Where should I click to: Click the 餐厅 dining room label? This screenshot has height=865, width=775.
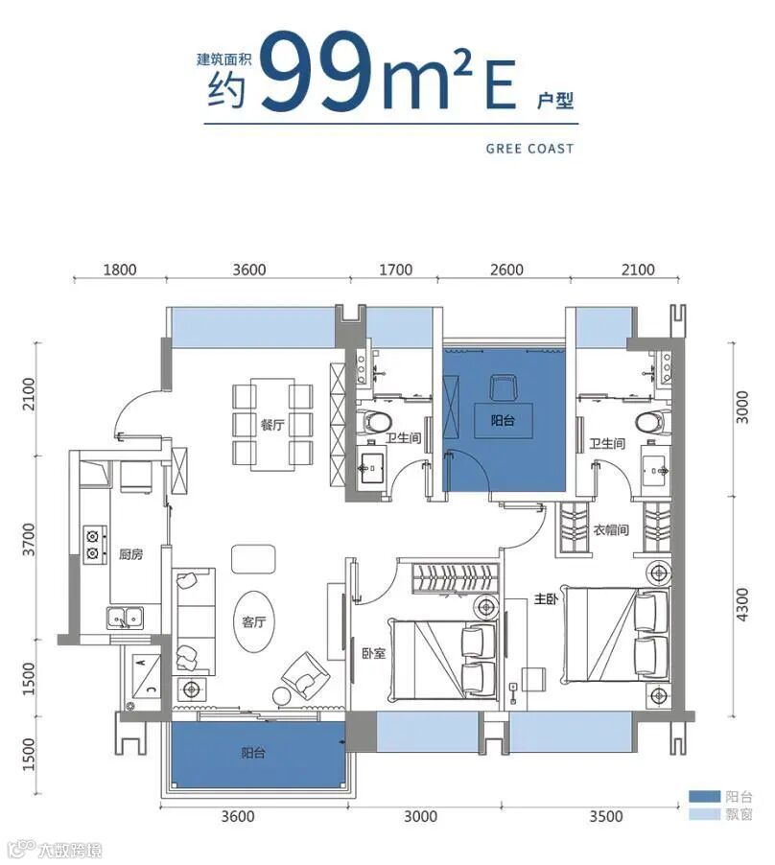pos(272,425)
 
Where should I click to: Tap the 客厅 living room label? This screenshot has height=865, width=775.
pos(254,621)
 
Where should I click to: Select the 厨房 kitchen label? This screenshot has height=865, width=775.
pos(130,554)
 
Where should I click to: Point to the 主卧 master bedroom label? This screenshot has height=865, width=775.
pos(546,598)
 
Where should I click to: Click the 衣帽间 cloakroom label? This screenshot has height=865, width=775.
pos(611,530)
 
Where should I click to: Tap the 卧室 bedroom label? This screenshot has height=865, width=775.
pos(373,653)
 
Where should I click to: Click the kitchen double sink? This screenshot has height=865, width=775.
pos(126,618)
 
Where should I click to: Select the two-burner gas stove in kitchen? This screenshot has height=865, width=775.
pos(94,544)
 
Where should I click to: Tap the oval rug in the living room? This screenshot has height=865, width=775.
pos(254,622)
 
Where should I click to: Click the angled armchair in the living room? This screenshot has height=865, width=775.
pos(306,676)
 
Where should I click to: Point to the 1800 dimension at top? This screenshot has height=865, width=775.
pos(120,269)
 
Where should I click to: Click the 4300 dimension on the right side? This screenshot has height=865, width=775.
pos(743,604)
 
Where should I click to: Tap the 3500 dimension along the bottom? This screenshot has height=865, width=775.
pos(605,816)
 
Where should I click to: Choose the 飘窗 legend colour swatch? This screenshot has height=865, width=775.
pos(704,814)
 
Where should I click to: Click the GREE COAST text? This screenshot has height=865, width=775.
pos(529,149)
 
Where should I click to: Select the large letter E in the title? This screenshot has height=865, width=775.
pos(501,85)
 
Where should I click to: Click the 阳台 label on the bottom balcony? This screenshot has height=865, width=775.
pos(253,753)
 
